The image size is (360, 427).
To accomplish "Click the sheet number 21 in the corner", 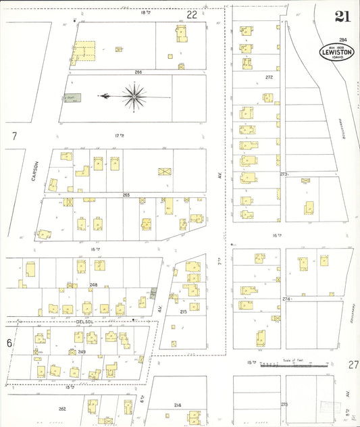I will tap(342, 18).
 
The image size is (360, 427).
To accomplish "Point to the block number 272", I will tap(269, 77).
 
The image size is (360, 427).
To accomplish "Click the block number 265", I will tap(126, 195).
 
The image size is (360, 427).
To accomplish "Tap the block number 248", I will tap(94, 284).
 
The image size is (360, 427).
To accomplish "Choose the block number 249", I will tap(82, 352).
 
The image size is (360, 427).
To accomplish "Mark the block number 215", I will tap(183, 311).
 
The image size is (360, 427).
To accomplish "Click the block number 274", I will tap(286, 298).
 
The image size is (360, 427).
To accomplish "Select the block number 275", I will tap(284, 404).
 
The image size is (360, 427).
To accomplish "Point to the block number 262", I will tap(62, 409).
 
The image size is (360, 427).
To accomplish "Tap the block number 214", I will tap(177, 405).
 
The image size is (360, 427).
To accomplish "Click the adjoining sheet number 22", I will tap(192, 14).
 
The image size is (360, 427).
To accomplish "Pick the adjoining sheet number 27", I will tap(353, 365).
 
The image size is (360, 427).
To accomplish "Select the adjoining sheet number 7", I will tap(14, 136).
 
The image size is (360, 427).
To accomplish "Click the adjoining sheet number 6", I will tap(9, 343).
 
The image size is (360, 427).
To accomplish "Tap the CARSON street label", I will tap(38, 169).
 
